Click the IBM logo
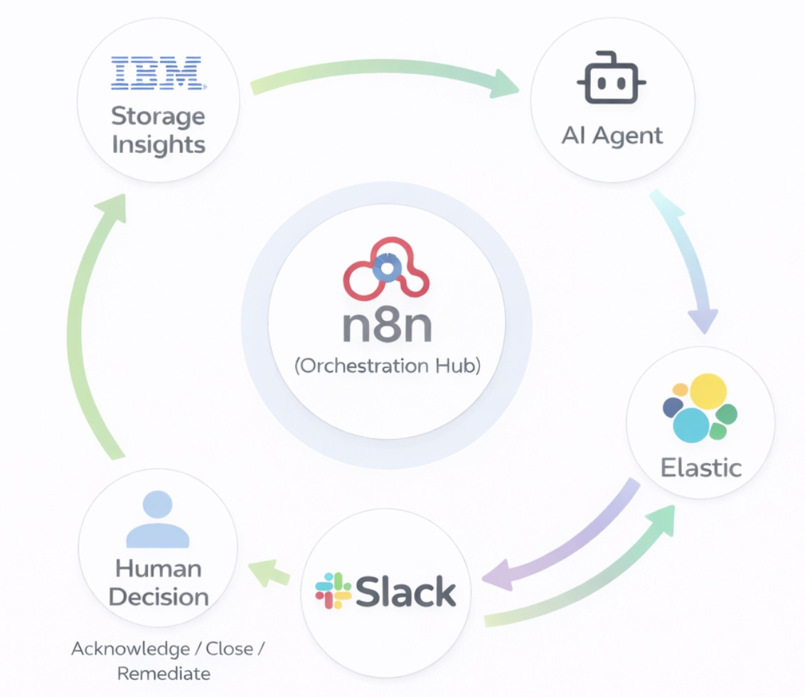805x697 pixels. [159, 73]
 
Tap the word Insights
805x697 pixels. [159, 145]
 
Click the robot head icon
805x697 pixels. [612, 78]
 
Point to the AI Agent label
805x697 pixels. [612, 136]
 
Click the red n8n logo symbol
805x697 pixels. [386, 269]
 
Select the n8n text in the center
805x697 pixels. [387, 326]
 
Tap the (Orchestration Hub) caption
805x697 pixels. [388, 366]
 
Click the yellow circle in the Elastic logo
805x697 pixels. [708, 391]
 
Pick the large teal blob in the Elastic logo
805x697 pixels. [691, 425]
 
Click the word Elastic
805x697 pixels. [700, 467]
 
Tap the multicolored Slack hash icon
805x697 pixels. [334, 591]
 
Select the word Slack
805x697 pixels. [405, 591]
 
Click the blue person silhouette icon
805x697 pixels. [158, 519]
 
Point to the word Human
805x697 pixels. [158, 568]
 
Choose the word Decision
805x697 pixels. [159, 597]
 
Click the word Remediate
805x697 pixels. [164, 674]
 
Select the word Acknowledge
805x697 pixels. [130, 649]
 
